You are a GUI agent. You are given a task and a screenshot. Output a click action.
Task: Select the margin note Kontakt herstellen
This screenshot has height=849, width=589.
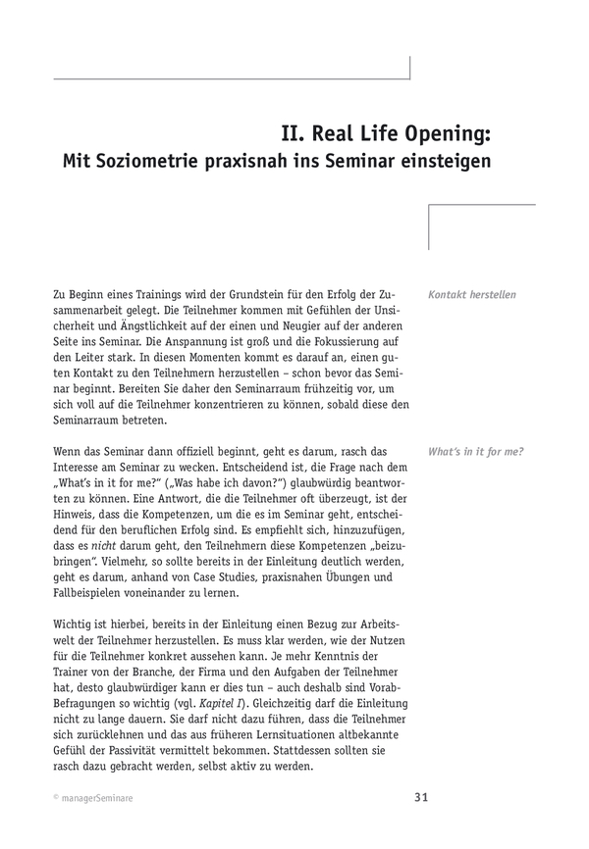click(x=472, y=294)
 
